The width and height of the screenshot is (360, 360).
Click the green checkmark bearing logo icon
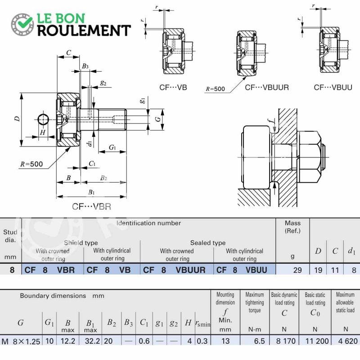pyautogui.click(x=22, y=24)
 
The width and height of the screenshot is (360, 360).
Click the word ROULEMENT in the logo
pyautogui.click(x=84, y=31)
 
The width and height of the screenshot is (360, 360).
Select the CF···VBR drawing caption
pyautogui.click(x=91, y=207)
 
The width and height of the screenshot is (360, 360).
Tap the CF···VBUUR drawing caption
pyautogui.click(x=266, y=87)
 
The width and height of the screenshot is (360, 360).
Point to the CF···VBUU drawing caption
pyautogui.click(x=333, y=87)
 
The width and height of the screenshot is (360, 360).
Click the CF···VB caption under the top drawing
pyautogui.click(x=173, y=87)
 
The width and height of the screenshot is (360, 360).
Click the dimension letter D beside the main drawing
pyautogui.click(x=17, y=119)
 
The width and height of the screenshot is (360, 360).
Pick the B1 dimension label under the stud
pyautogui.click(x=91, y=192)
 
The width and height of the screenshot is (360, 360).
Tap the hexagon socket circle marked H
pyautogui.click(x=43, y=119)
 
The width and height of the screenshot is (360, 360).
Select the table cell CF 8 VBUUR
pyautogui.click(x=174, y=270)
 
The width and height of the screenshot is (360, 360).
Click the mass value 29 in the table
pyautogui.click(x=297, y=270)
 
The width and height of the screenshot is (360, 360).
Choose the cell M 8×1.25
pyautogui.click(x=21, y=341)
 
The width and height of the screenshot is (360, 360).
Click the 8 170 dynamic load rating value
pyautogui.click(x=286, y=341)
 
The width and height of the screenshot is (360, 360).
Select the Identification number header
pyautogui.click(x=148, y=223)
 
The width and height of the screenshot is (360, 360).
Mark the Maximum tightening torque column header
pyautogui.click(x=255, y=302)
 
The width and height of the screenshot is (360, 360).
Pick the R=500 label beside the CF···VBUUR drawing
pyautogui.click(x=215, y=89)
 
